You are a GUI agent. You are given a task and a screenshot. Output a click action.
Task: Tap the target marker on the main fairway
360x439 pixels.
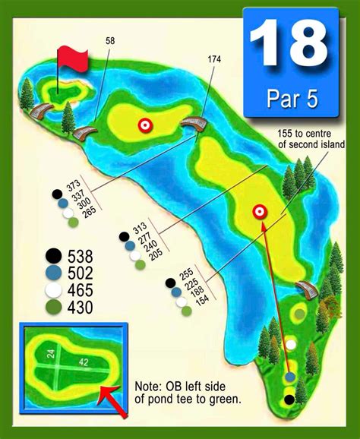(x=259, y=212)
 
